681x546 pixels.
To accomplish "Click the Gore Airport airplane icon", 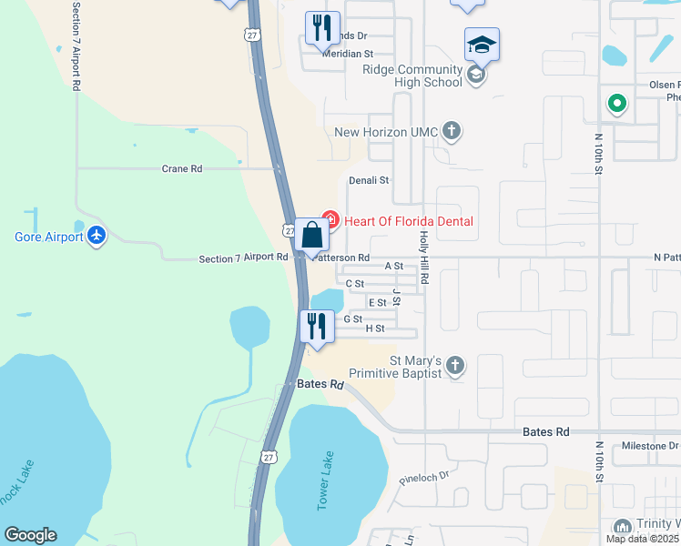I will (97, 237).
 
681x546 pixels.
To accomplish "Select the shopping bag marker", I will (311, 236).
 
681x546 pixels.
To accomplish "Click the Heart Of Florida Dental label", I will (409, 221).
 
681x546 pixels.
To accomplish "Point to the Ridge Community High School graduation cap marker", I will (483, 45).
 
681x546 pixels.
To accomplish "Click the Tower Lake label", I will (325, 482).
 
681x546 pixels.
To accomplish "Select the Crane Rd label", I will (181, 168).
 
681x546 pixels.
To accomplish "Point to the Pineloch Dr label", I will (424, 476).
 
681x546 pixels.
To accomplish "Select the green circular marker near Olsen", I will (617, 104).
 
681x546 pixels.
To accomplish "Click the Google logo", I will (30, 535).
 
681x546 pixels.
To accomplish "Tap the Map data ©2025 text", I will (641, 539).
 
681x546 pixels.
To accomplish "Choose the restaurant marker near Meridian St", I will (321, 29).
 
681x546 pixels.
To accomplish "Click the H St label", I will (375, 329).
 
